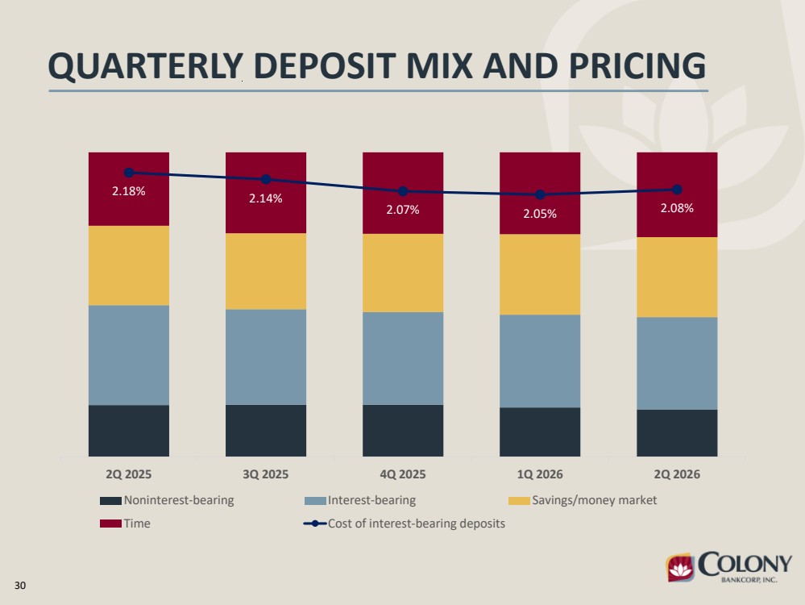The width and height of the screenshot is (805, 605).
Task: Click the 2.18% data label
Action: [129, 191]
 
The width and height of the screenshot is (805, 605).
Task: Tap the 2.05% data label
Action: [540, 214]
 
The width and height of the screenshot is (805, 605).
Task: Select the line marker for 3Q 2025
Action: [266, 179]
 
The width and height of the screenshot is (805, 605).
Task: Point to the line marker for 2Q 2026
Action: [677, 190]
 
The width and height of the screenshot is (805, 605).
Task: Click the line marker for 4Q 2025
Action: [403, 191]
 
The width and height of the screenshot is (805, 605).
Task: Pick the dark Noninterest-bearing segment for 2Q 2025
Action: [129, 431]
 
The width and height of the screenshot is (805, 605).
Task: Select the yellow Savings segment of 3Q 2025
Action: [266, 271]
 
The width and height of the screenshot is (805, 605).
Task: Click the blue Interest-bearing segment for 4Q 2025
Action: [403, 358]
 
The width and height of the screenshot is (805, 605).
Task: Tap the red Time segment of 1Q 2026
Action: [540, 194]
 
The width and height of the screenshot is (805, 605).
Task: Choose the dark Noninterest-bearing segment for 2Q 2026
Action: [677, 433]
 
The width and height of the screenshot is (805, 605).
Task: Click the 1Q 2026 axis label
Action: [540, 474]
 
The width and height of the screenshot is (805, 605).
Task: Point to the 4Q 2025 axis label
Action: [403, 474]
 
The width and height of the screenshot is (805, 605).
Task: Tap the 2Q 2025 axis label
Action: [128, 474]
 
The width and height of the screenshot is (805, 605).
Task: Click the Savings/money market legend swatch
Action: [519, 501]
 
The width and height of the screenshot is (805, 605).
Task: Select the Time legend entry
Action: [125, 524]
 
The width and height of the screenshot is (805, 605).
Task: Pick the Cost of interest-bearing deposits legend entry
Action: [404, 524]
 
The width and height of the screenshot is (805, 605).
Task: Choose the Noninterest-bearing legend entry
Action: [167, 500]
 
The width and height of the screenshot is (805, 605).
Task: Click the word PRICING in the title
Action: [637, 66]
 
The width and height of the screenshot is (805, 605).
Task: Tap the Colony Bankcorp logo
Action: [728, 567]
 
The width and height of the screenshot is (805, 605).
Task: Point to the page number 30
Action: [20, 586]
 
